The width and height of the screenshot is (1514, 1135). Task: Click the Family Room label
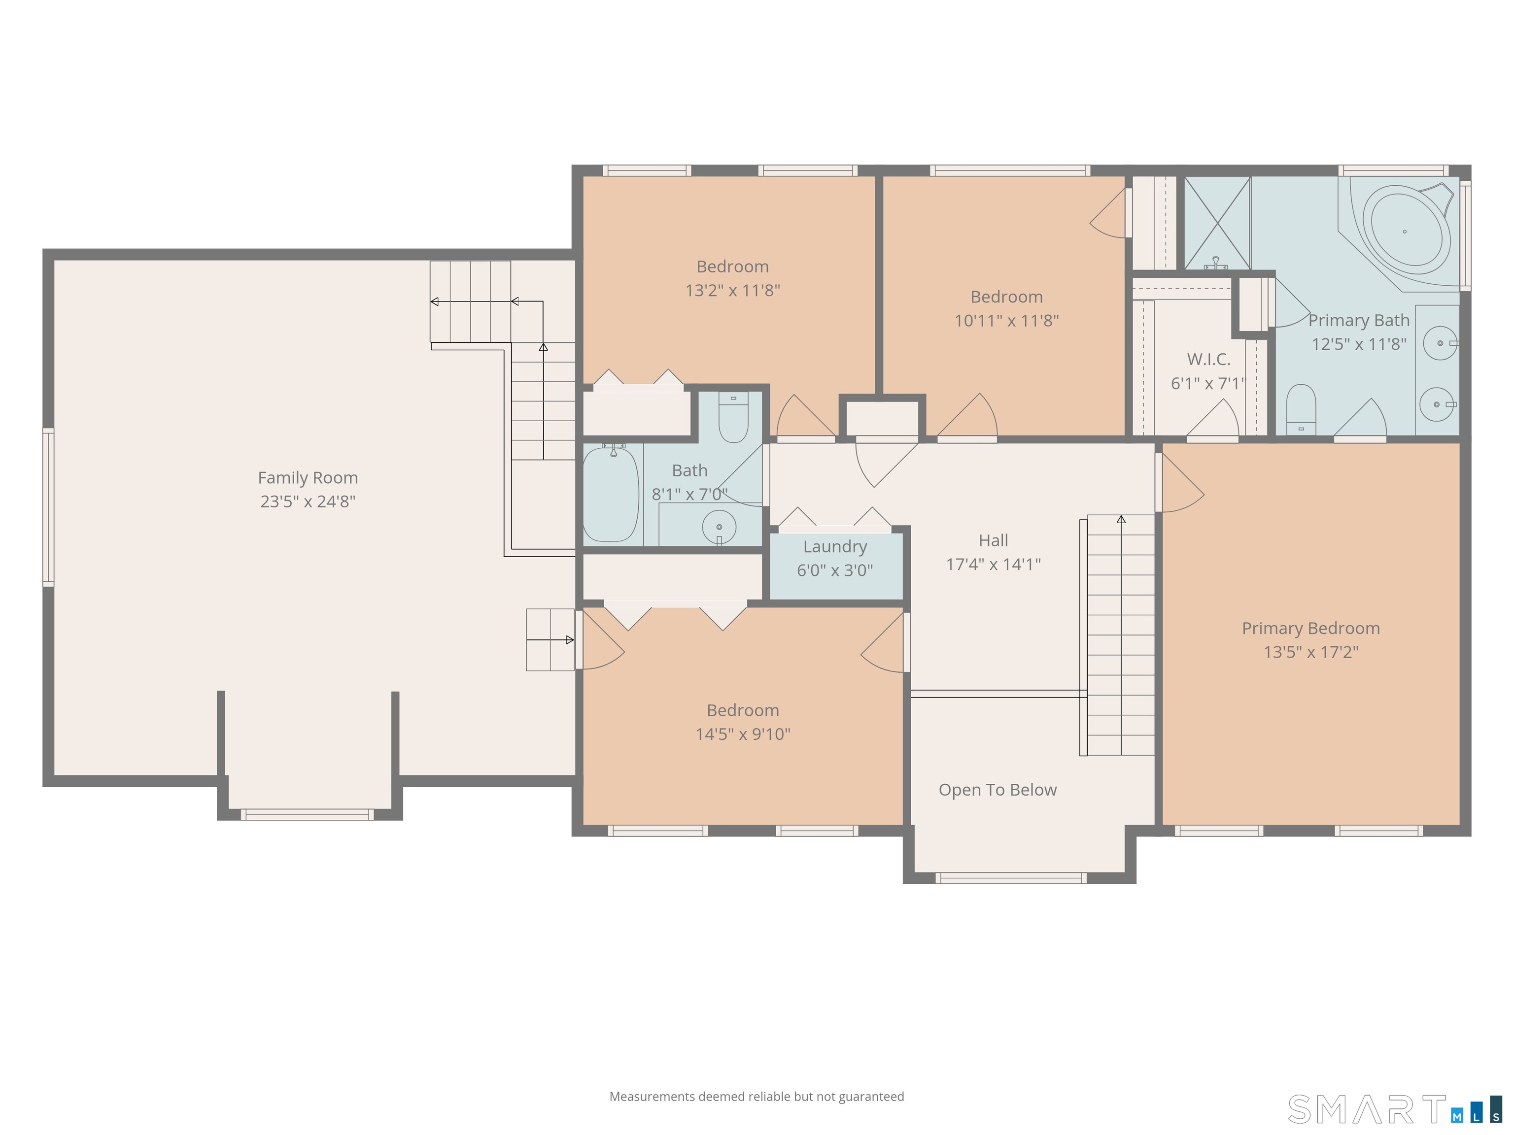pyautogui.click(x=308, y=477)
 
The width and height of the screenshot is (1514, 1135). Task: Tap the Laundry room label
pyautogui.click(x=835, y=547)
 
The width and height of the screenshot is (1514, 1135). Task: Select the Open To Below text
pyautogui.click(x=997, y=790)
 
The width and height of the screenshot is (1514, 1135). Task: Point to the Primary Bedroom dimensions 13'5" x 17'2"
pyautogui.click(x=1311, y=652)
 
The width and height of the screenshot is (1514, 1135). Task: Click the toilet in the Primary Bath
pyautogui.click(x=1301, y=409)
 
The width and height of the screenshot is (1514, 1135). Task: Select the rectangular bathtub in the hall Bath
pyautogui.click(x=611, y=493)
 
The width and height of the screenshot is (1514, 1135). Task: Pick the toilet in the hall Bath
pyautogui.click(x=733, y=417)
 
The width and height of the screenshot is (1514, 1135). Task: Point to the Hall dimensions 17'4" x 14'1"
pyautogui.click(x=993, y=565)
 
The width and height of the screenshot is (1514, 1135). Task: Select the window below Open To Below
pyautogui.click(x=1010, y=878)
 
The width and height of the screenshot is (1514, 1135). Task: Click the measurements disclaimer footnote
pyautogui.click(x=757, y=1097)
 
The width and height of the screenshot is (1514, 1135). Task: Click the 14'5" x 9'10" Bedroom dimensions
pyautogui.click(x=743, y=734)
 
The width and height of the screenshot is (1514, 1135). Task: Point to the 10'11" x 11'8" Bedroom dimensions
pyautogui.click(x=1006, y=320)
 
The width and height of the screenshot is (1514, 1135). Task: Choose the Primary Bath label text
pyautogui.click(x=1359, y=320)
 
